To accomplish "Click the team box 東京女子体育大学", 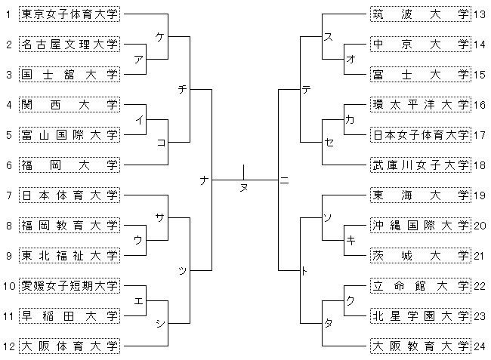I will click(69, 14).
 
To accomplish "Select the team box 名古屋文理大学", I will click(69, 44).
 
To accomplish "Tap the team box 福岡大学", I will click(69, 165).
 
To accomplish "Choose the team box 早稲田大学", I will click(69, 315).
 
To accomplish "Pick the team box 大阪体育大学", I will click(69, 346).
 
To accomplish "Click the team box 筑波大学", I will click(421, 14).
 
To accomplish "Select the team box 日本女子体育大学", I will click(421, 134).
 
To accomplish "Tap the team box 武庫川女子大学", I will click(421, 165).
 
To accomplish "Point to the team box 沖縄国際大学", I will click(421, 225).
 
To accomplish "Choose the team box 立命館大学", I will click(421, 285).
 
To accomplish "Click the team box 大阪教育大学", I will click(421, 346).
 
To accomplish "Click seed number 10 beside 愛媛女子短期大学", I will click(9, 285).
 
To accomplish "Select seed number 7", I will click(8, 195).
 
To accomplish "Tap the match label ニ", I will click(285, 180).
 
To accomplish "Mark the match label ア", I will click(138, 59).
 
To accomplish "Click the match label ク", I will click(349, 300).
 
